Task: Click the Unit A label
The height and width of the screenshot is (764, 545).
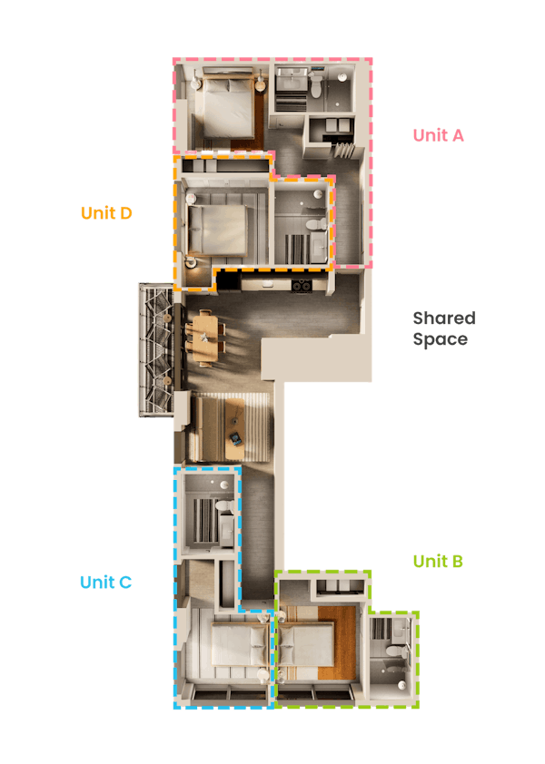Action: click(438, 135)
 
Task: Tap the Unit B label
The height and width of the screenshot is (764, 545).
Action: click(438, 562)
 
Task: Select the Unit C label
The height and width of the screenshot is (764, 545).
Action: click(106, 583)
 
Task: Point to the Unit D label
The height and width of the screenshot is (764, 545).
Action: click(106, 213)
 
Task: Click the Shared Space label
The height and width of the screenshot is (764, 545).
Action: click(444, 328)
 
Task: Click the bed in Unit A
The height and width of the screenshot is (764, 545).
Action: click(228, 106)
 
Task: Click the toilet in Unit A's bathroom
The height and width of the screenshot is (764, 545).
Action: click(316, 85)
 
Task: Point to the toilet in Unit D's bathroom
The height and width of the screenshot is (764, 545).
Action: click(316, 225)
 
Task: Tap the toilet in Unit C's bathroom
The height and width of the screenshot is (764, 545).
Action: click(225, 506)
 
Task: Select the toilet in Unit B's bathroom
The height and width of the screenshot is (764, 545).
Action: click(395, 651)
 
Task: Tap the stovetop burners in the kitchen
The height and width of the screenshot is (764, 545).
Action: click(302, 286)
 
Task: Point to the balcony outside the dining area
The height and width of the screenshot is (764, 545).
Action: click(156, 350)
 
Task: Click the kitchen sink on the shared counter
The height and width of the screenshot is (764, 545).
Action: click(267, 283)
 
